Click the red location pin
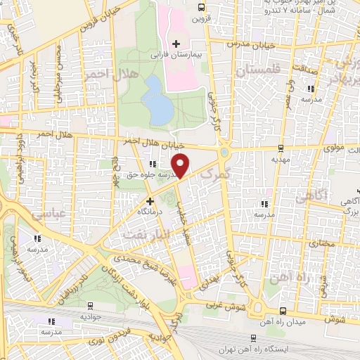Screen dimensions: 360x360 (x=181, y=165)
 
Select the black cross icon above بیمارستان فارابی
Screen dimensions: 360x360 (x=176, y=44)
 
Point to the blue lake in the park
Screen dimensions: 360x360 (x=157, y=99)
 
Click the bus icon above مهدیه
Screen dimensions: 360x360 (x=281, y=148)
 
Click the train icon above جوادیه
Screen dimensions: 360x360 (x=91, y=305)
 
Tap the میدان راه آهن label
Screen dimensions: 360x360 (x=281, y=322)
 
